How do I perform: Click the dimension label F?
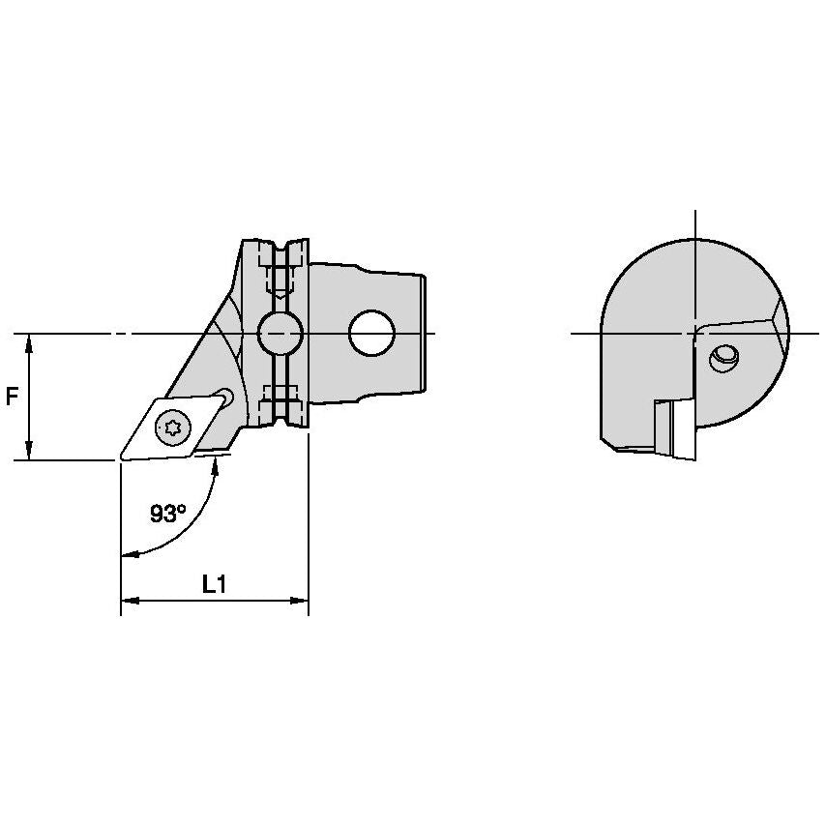(x=13, y=397)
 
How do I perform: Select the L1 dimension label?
(x=215, y=584)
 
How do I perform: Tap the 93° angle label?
(x=167, y=514)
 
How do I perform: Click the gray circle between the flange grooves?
(x=280, y=334)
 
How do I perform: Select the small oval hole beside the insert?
(x=226, y=396)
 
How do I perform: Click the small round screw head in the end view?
(x=723, y=359)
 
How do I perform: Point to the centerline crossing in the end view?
(x=695, y=334)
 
